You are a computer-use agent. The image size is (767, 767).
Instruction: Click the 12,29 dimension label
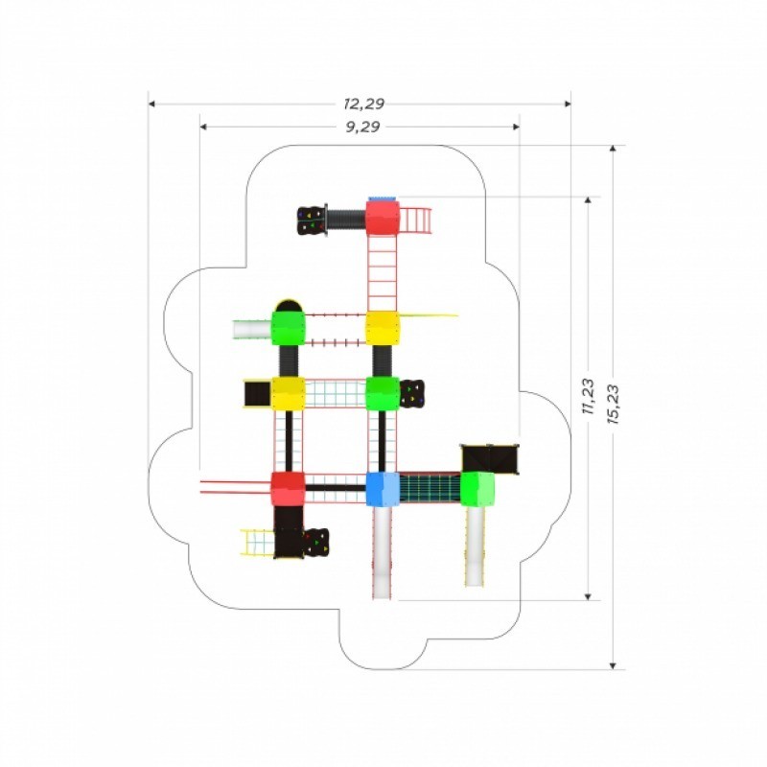(x=364, y=104)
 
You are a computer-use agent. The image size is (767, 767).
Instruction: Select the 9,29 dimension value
(x=363, y=128)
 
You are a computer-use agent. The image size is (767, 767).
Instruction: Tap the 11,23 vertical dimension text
(x=589, y=396)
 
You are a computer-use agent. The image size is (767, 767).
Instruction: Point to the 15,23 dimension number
(x=613, y=405)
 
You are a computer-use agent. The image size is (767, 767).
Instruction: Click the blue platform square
(x=383, y=489)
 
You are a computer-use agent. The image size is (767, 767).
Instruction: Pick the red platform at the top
(x=383, y=219)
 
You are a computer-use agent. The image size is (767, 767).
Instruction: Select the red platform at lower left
(x=289, y=489)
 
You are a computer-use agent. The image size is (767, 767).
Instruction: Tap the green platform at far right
(x=477, y=489)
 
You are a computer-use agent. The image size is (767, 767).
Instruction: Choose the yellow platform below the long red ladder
(x=383, y=328)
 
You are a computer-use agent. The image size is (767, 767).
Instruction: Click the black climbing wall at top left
(x=312, y=221)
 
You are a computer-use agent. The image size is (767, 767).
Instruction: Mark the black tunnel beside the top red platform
(x=347, y=220)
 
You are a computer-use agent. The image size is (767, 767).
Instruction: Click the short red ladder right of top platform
(x=416, y=221)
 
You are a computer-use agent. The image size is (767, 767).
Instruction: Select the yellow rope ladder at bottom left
(x=257, y=543)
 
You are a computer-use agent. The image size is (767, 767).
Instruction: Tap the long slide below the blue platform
(x=383, y=553)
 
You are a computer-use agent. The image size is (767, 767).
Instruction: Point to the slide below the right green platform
(x=475, y=546)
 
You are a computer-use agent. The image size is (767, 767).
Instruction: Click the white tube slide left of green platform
(x=252, y=329)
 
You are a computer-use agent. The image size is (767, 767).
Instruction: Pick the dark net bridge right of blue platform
(x=430, y=488)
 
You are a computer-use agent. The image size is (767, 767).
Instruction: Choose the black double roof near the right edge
(x=490, y=459)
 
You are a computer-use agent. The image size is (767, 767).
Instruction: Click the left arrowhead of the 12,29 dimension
(x=151, y=104)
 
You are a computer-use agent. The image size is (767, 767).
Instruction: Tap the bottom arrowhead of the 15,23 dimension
(x=613, y=665)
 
